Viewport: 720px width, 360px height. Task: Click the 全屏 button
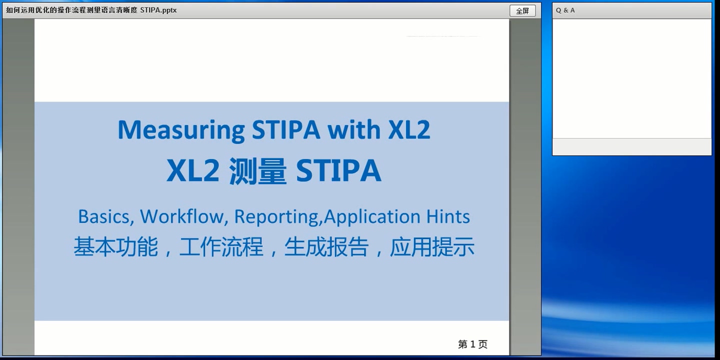(522, 10)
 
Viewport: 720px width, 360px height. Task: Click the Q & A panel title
(565, 10)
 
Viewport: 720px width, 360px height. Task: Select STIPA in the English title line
(286, 130)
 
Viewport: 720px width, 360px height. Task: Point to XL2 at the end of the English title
(409, 130)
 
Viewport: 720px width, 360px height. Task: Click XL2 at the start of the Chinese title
(193, 171)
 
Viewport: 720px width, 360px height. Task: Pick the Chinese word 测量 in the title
(257, 171)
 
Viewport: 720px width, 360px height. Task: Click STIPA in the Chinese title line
(338, 171)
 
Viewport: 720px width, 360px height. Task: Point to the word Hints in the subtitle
(448, 216)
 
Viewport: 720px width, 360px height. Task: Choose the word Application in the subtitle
(372, 216)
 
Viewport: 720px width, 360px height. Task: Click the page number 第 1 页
(472, 344)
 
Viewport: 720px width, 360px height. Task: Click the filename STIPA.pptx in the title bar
(158, 10)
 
